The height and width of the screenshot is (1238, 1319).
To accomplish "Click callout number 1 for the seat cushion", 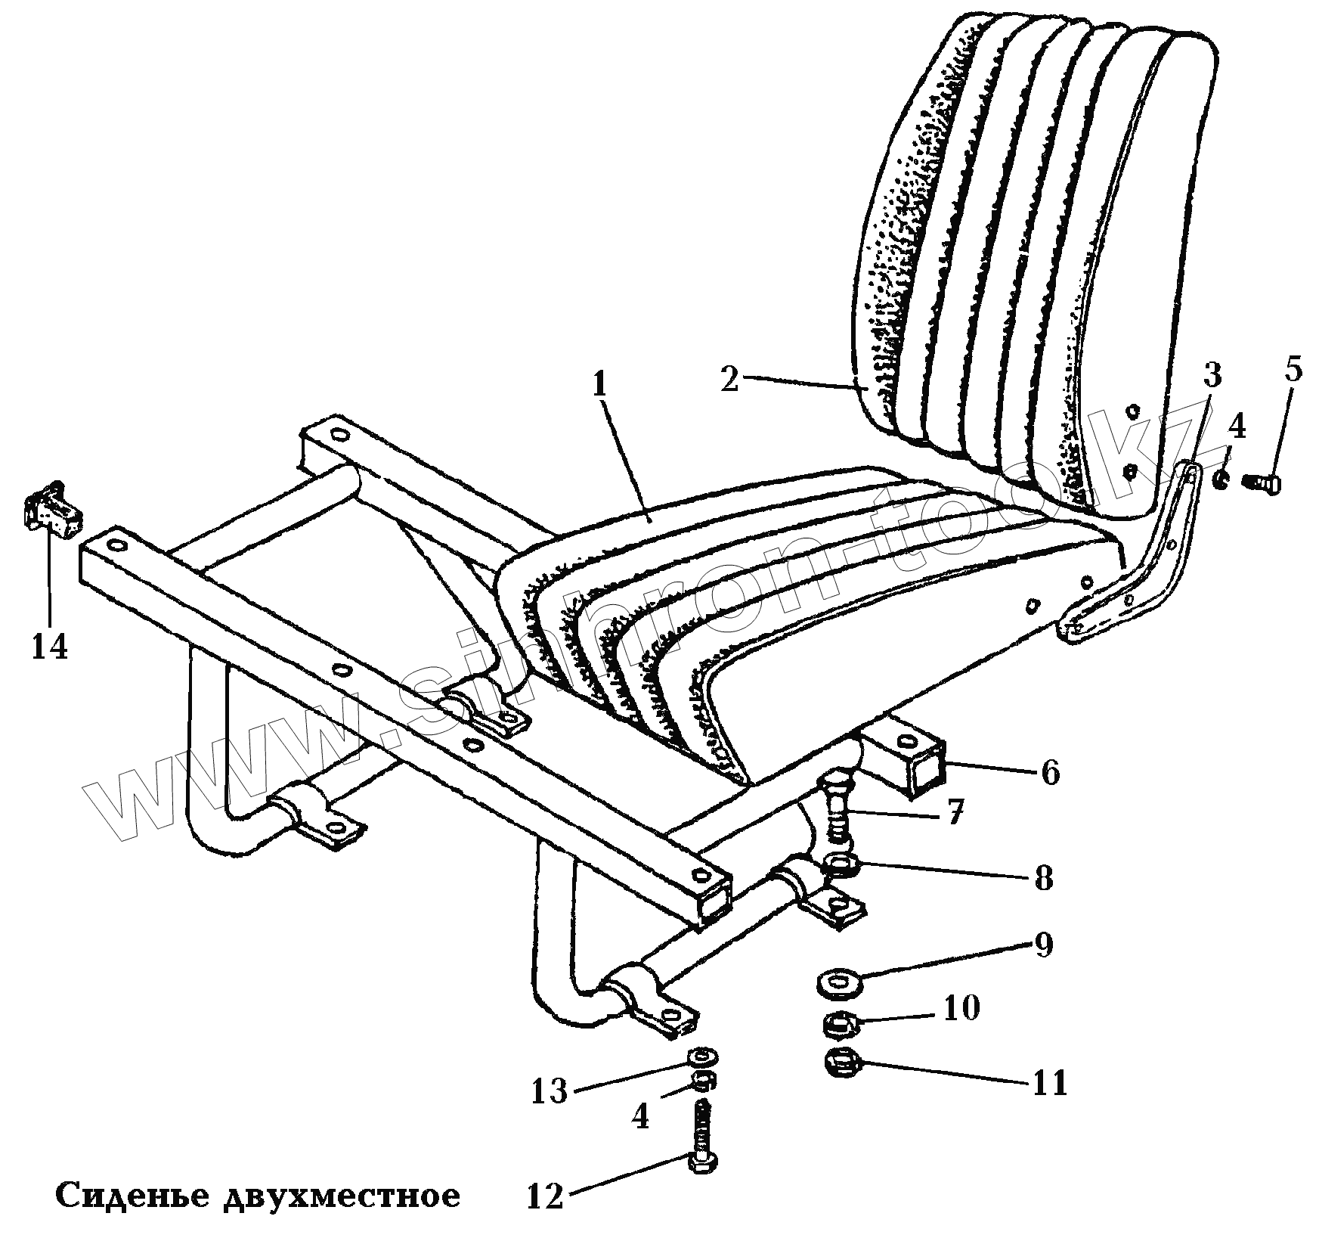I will tap(599, 386).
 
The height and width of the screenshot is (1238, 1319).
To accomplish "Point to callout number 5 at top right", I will tap(1293, 372).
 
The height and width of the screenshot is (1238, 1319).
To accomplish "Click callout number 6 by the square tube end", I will tap(1049, 772).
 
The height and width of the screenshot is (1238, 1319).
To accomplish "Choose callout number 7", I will tap(955, 815).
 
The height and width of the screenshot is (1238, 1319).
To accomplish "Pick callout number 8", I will tap(1044, 879).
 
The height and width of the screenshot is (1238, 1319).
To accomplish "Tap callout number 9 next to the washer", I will tap(1044, 945).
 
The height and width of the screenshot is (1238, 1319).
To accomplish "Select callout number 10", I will tap(959, 1008).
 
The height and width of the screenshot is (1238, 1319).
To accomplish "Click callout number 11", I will tap(1049, 1083).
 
